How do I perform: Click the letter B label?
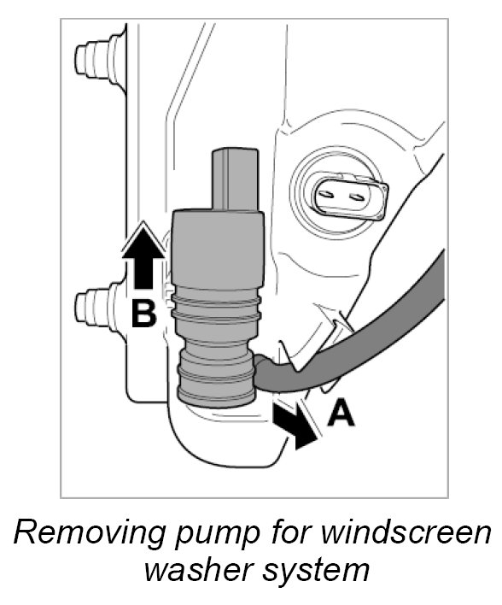[x=143, y=314]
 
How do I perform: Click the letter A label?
[x=341, y=413]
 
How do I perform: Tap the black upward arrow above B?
[x=143, y=257]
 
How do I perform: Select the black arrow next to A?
[x=294, y=426]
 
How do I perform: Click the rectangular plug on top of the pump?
[x=235, y=179]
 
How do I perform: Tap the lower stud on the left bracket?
[x=98, y=307]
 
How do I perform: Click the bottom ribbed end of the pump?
[x=216, y=376]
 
